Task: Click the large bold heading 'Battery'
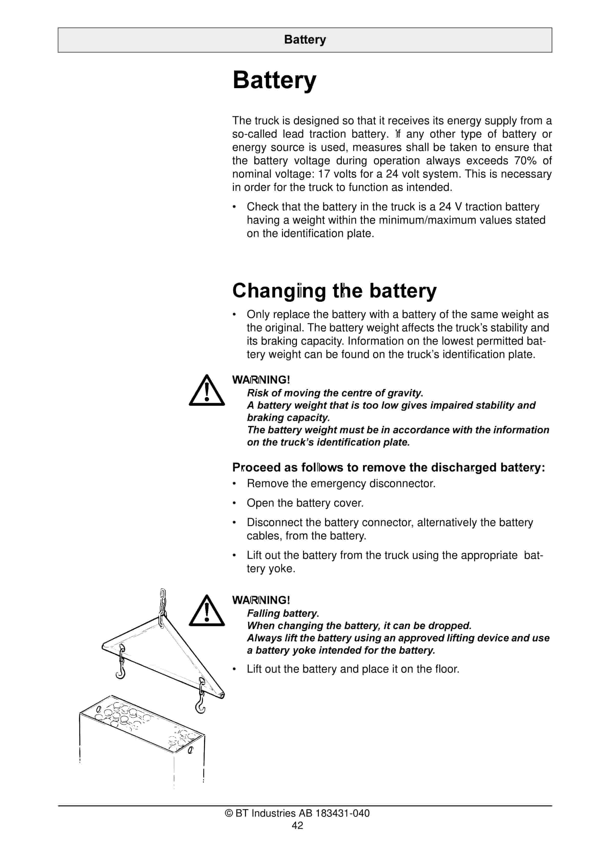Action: coord(274,80)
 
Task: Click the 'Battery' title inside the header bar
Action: coord(305,39)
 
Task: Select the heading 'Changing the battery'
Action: coord(334,291)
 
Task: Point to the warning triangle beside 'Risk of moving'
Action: coord(206,391)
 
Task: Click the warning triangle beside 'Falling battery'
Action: coord(206,611)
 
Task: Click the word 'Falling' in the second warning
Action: coord(263,613)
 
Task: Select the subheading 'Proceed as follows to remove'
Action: coord(388,467)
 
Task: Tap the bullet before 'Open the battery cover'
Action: coord(234,503)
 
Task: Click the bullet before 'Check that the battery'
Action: coord(234,207)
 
